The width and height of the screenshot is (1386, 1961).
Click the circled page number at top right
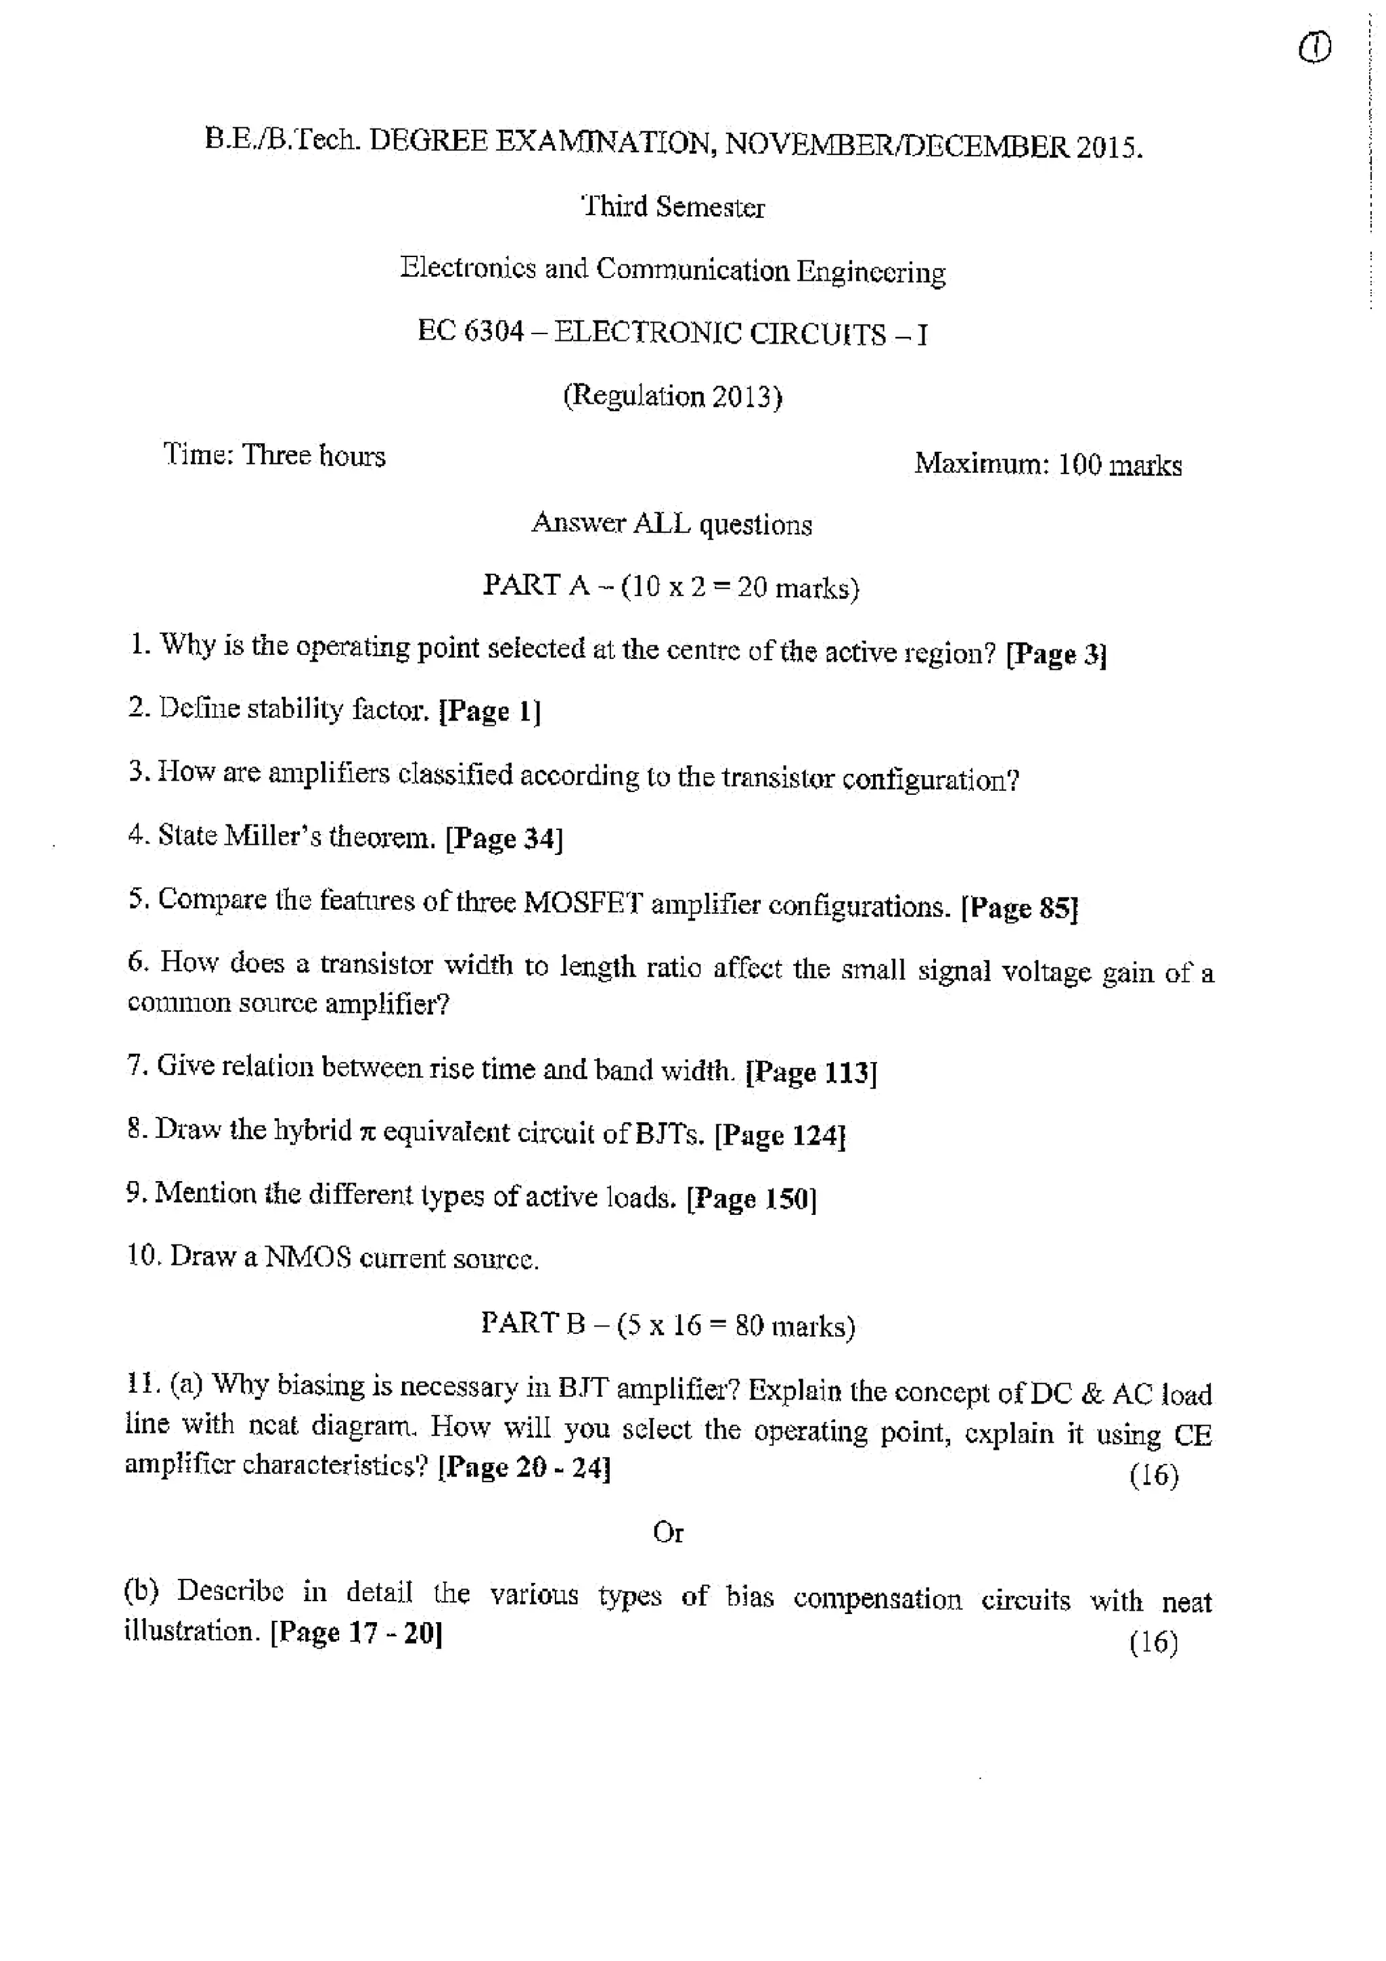(1314, 49)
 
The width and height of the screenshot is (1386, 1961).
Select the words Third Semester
(673, 208)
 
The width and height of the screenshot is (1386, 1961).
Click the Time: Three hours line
(274, 455)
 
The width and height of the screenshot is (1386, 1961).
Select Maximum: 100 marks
(1048, 465)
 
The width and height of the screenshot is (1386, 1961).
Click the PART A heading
(671, 586)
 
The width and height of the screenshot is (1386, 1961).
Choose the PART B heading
(668, 1324)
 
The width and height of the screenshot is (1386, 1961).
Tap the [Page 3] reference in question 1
(1056, 655)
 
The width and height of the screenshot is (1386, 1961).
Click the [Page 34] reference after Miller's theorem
(504, 839)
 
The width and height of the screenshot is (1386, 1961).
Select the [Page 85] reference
(1019, 908)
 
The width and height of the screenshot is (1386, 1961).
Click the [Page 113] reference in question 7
(811, 1072)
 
